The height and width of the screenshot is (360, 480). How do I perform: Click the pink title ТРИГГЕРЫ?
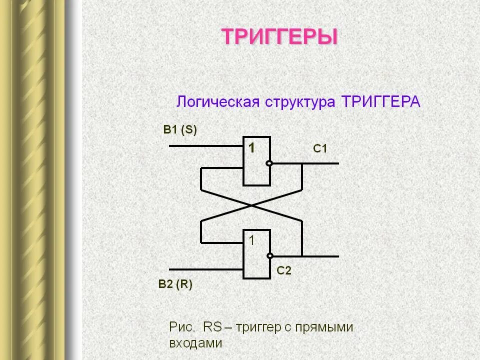click(x=279, y=37)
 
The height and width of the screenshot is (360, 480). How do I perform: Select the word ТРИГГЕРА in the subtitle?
click(x=380, y=102)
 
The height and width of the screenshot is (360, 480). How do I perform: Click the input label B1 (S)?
click(x=180, y=130)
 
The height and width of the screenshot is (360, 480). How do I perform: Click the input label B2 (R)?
click(x=175, y=284)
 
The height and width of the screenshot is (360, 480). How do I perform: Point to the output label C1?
click(x=320, y=148)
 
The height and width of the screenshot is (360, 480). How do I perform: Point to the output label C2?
click(x=284, y=271)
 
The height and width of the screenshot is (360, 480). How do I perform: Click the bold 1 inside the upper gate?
click(x=252, y=147)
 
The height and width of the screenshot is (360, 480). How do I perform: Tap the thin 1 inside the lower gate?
click(x=252, y=240)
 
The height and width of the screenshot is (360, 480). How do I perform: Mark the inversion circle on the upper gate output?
click(x=269, y=163)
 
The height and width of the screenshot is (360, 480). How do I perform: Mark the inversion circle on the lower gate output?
click(x=269, y=256)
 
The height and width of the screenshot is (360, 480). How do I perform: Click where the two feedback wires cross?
click(x=251, y=205)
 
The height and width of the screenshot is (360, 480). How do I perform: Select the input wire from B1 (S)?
click(x=205, y=146)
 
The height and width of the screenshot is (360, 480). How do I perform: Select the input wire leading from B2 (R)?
click(x=205, y=268)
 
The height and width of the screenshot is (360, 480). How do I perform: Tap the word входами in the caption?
click(x=195, y=344)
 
